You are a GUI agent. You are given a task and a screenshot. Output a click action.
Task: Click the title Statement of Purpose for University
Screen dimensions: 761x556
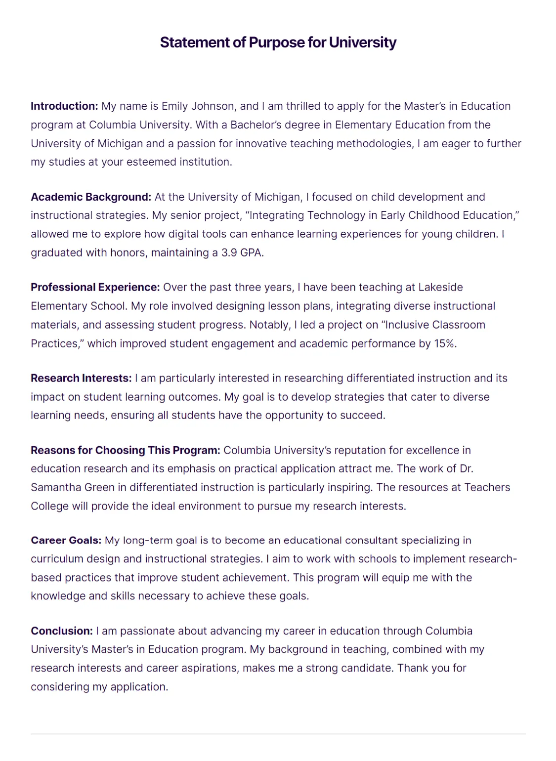tap(278, 42)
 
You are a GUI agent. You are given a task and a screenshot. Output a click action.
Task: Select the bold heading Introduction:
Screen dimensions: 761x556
tap(64, 106)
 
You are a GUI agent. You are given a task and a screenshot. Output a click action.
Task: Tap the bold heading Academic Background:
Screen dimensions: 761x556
tap(91, 197)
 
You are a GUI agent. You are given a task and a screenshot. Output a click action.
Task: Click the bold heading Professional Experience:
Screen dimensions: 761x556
tap(95, 288)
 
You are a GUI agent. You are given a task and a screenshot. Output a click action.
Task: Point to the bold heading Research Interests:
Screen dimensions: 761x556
tap(81, 379)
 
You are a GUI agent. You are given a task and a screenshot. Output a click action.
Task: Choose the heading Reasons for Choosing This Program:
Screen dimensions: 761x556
tap(125, 451)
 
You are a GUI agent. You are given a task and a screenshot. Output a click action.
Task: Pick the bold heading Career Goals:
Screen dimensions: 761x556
tap(66, 541)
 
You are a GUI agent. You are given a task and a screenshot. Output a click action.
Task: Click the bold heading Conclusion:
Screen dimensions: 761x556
tap(61, 631)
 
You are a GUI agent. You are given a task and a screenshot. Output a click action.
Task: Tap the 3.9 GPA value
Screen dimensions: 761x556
tap(242, 253)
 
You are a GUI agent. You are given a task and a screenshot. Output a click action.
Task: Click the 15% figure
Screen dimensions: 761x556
tap(444, 344)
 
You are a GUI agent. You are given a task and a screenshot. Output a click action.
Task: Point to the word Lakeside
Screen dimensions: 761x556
tap(440, 288)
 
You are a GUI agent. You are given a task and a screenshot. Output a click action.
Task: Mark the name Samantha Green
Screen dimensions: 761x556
tap(73, 488)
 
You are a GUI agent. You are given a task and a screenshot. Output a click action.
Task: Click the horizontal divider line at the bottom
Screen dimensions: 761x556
tap(278, 734)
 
